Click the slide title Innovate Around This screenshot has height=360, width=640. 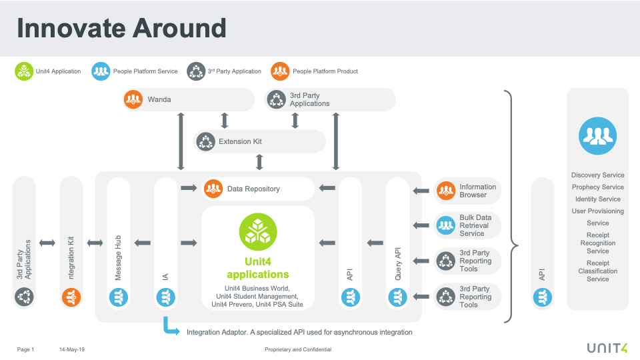(x=121, y=28)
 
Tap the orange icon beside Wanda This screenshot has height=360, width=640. (x=133, y=100)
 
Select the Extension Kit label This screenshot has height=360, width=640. (x=241, y=141)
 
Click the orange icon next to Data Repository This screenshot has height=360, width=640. (x=213, y=189)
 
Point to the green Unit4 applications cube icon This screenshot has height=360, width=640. (x=258, y=231)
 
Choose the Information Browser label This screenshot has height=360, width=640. (x=477, y=191)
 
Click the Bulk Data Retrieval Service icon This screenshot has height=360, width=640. (x=446, y=225)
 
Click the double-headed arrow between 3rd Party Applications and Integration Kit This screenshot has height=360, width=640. (x=47, y=243)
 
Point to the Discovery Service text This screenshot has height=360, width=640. (x=597, y=175)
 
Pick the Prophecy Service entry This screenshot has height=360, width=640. (x=597, y=187)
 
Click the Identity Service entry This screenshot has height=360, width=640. (x=597, y=199)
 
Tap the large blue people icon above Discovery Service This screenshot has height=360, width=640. (x=597, y=135)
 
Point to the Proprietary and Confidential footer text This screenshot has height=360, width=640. (x=297, y=349)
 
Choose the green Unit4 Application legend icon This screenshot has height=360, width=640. (x=24, y=71)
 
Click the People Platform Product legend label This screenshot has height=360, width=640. (x=325, y=71)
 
